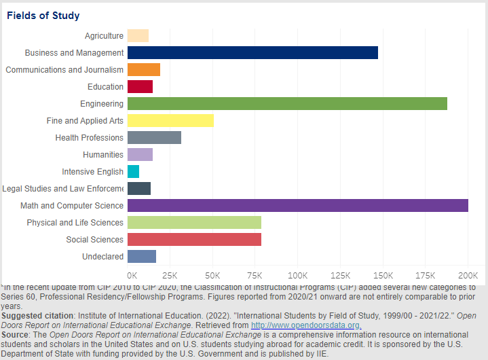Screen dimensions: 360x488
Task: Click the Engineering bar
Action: [287, 104]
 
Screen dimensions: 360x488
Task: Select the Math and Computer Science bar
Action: [297, 206]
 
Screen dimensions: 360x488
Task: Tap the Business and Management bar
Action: [252, 53]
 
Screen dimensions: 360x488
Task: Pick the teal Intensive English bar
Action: [133, 172]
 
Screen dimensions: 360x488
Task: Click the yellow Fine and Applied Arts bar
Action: [170, 121]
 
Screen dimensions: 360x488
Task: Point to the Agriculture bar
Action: [138, 36]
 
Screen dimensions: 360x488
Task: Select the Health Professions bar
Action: [154, 138]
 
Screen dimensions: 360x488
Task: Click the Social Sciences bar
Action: [194, 240]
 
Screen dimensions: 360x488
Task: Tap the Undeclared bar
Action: [142, 257]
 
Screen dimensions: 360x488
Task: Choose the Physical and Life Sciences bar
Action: [194, 223]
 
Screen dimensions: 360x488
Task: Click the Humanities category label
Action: [103, 155]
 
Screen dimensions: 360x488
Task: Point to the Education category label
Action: [105, 87]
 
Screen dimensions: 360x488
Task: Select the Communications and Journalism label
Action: [64, 70]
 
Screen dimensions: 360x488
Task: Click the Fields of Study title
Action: [43, 16]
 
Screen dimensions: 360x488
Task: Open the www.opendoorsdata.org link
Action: [306, 325]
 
